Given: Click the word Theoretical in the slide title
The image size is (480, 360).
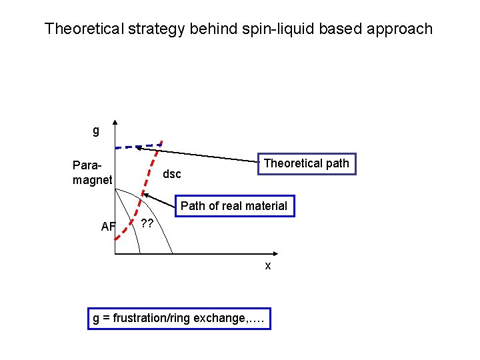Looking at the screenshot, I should (x=83, y=29).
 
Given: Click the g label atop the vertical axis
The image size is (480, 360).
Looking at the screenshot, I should (x=96, y=130).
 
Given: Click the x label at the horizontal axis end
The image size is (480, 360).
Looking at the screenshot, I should (x=268, y=265).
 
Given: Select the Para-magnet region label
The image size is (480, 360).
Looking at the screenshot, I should (x=92, y=171).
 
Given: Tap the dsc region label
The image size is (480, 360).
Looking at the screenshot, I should (x=172, y=174).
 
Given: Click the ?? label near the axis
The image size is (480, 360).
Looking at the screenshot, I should (x=147, y=223).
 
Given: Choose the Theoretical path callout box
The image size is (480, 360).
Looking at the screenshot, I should (x=307, y=163).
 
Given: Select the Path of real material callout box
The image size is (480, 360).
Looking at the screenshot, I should (x=233, y=206).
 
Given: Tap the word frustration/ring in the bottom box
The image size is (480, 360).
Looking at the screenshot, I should (x=153, y=318).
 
